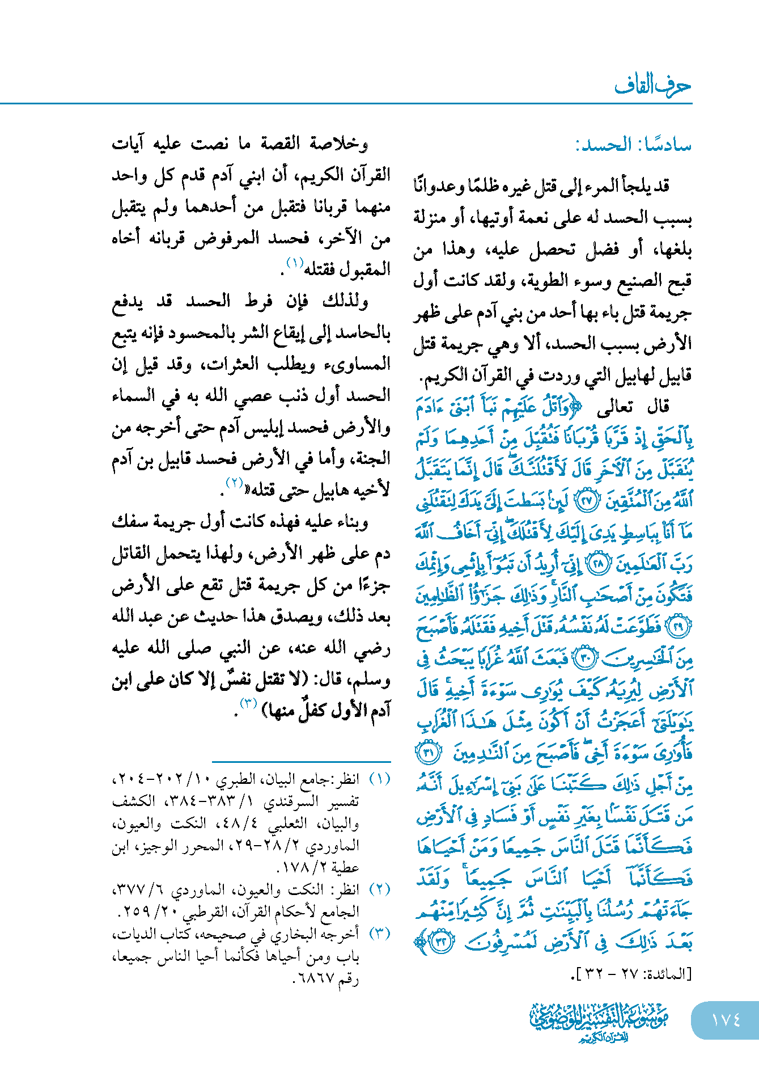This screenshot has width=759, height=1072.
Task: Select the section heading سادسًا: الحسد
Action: point(633,145)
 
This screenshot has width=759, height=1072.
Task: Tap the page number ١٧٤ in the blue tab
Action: point(726,1020)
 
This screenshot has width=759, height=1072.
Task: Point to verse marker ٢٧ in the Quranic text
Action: point(587,501)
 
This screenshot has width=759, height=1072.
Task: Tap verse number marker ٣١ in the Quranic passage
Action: point(429,754)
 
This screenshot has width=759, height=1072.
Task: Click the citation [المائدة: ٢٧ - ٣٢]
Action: point(631,974)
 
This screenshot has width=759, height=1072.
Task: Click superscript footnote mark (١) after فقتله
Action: point(295,263)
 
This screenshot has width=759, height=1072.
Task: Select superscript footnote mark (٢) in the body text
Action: point(235,483)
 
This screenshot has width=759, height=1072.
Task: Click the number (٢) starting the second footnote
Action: point(380,889)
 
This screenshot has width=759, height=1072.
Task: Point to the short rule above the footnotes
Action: point(301,761)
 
